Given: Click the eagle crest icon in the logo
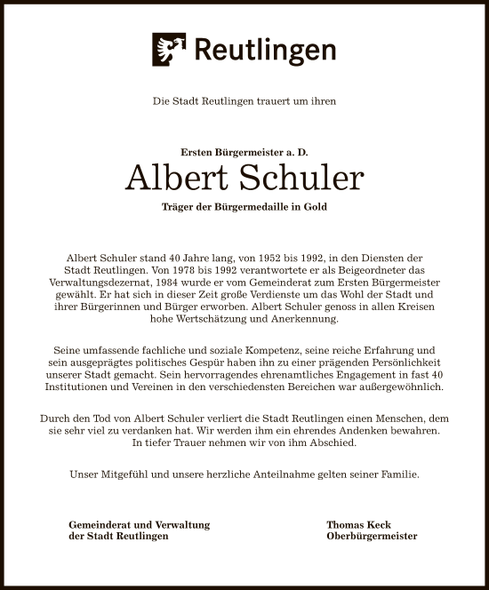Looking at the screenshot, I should (169, 50).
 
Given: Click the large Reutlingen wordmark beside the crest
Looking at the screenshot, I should (265, 50).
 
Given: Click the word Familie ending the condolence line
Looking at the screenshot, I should (397, 474).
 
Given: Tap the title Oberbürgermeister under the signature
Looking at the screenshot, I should (372, 536).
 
